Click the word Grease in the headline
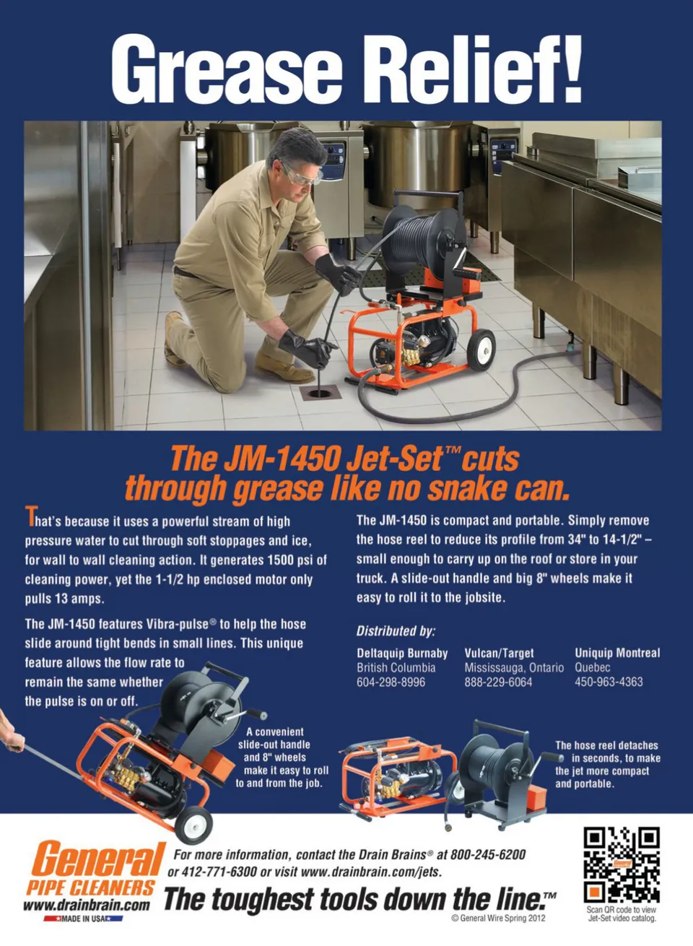[226, 69]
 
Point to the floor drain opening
[320, 393]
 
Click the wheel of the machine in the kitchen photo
[481, 350]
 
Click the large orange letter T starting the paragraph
[30, 516]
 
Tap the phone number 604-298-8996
[391, 682]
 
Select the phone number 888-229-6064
[498, 682]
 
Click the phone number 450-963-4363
[609, 682]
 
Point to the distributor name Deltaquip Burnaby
[402, 654]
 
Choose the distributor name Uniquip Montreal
[617, 653]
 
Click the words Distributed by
[396, 631]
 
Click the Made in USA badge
[84, 919]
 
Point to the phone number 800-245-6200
[488, 854]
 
